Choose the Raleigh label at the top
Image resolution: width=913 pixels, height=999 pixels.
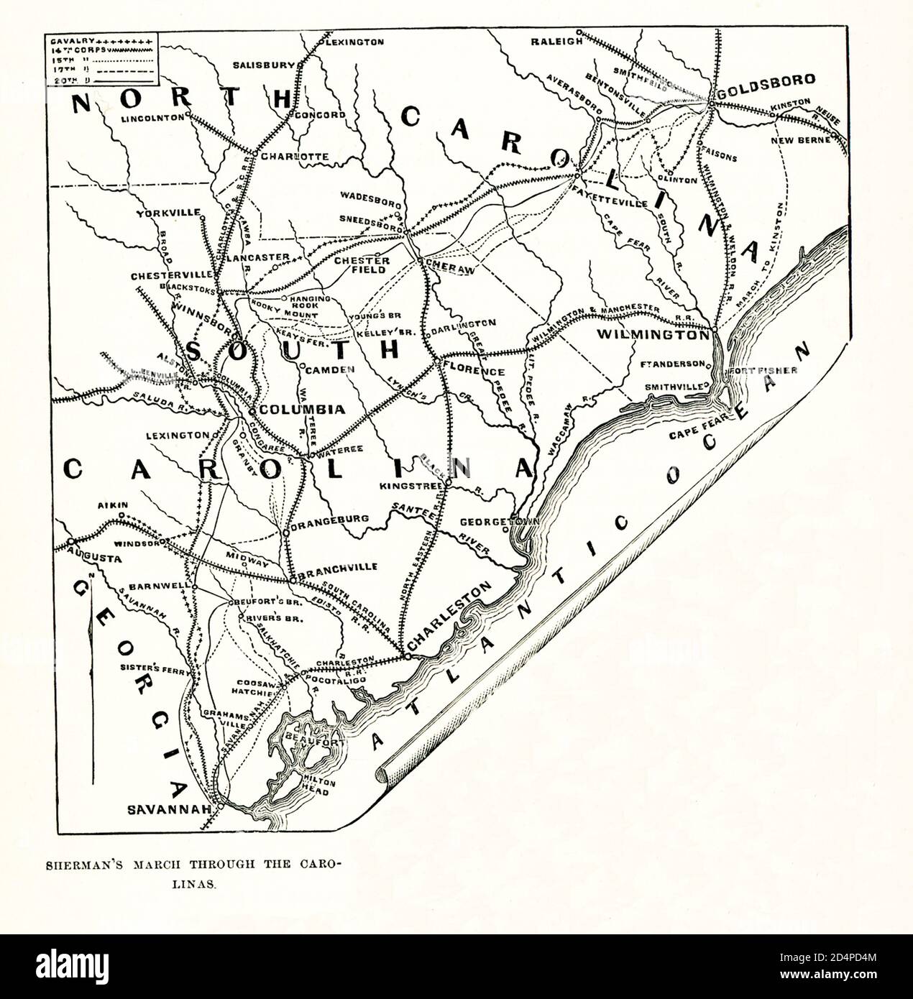556,41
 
